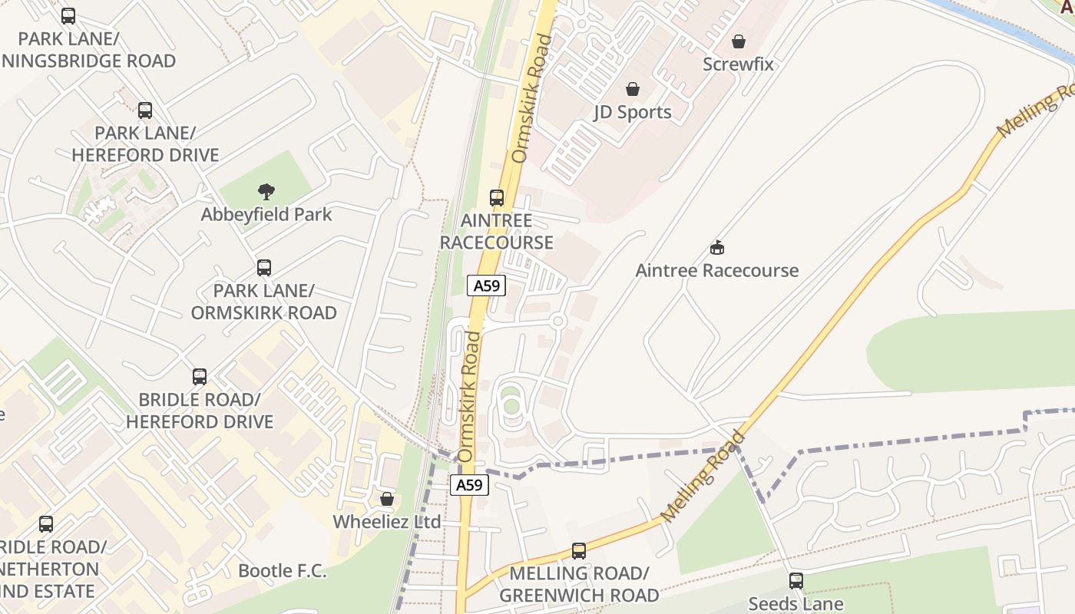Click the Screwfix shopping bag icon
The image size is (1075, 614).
(739, 41)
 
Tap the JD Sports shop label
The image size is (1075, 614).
(633, 112)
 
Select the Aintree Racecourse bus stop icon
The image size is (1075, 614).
(497, 198)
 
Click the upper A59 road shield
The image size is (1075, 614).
(486, 286)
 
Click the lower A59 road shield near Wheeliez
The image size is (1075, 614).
(469, 485)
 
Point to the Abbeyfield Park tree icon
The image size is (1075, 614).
(266, 192)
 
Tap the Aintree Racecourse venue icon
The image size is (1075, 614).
(717, 248)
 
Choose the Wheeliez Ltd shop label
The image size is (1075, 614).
(387, 522)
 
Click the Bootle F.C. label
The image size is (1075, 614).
(282, 571)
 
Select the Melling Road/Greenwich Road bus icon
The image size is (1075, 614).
(579, 550)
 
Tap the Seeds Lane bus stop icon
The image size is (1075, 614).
(796, 581)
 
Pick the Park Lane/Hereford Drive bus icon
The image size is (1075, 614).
(145, 111)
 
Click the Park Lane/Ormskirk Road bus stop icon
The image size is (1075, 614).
(264, 268)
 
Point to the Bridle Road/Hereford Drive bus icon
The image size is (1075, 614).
(200, 377)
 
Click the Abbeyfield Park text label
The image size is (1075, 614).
(266, 214)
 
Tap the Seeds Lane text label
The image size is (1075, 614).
(796, 604)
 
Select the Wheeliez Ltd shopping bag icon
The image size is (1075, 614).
(387, 499)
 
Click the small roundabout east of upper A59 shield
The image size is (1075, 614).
(558, 321)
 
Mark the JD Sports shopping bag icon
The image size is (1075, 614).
(632, 89)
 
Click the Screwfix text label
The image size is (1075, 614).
(739, 64)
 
